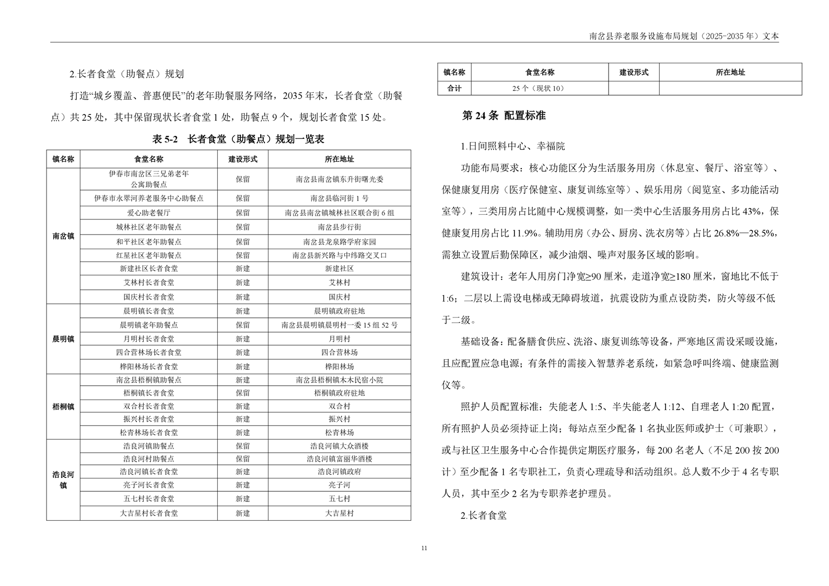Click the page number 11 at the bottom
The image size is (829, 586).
click(424, 548)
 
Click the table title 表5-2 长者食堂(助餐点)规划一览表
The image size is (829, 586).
click(238, 139)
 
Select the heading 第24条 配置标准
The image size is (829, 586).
click(504, 116)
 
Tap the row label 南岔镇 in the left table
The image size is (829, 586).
click(63, 236)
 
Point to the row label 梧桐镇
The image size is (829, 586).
click(63, 406)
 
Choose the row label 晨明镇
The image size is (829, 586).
click(63, 339)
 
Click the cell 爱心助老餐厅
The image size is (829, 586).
click(149, 213)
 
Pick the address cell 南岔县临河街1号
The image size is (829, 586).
click(339, 198)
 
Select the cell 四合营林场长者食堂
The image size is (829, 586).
click(149, 353)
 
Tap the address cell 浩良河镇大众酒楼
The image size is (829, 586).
click(339, 446)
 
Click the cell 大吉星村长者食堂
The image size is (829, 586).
click(149, 513)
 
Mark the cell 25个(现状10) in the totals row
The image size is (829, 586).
click(538, 88)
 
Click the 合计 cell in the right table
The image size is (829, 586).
click(454, 88)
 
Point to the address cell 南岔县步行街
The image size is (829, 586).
click(339, 227)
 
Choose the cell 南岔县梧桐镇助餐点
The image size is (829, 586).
click(149, 380)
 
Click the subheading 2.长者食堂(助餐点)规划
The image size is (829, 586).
click(126, 74)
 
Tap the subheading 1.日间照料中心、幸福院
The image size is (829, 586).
click(512, 146)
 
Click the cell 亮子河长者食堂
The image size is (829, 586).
click(149, 485)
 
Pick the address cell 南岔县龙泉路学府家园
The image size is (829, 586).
click(339, 242)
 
